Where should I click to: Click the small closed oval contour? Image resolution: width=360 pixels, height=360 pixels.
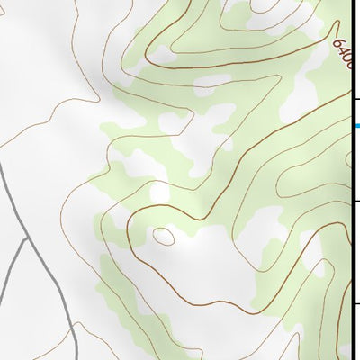pos(164,237)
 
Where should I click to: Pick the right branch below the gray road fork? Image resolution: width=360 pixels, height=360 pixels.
pos(40,288)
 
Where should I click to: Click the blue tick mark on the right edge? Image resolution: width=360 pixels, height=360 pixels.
pos(356,125)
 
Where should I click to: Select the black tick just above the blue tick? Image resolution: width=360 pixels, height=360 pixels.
pos(356,98)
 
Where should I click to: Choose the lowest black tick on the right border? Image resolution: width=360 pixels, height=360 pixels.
pos(356,303)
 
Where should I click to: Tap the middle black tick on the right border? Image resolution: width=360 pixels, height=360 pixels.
pos(356,202)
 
